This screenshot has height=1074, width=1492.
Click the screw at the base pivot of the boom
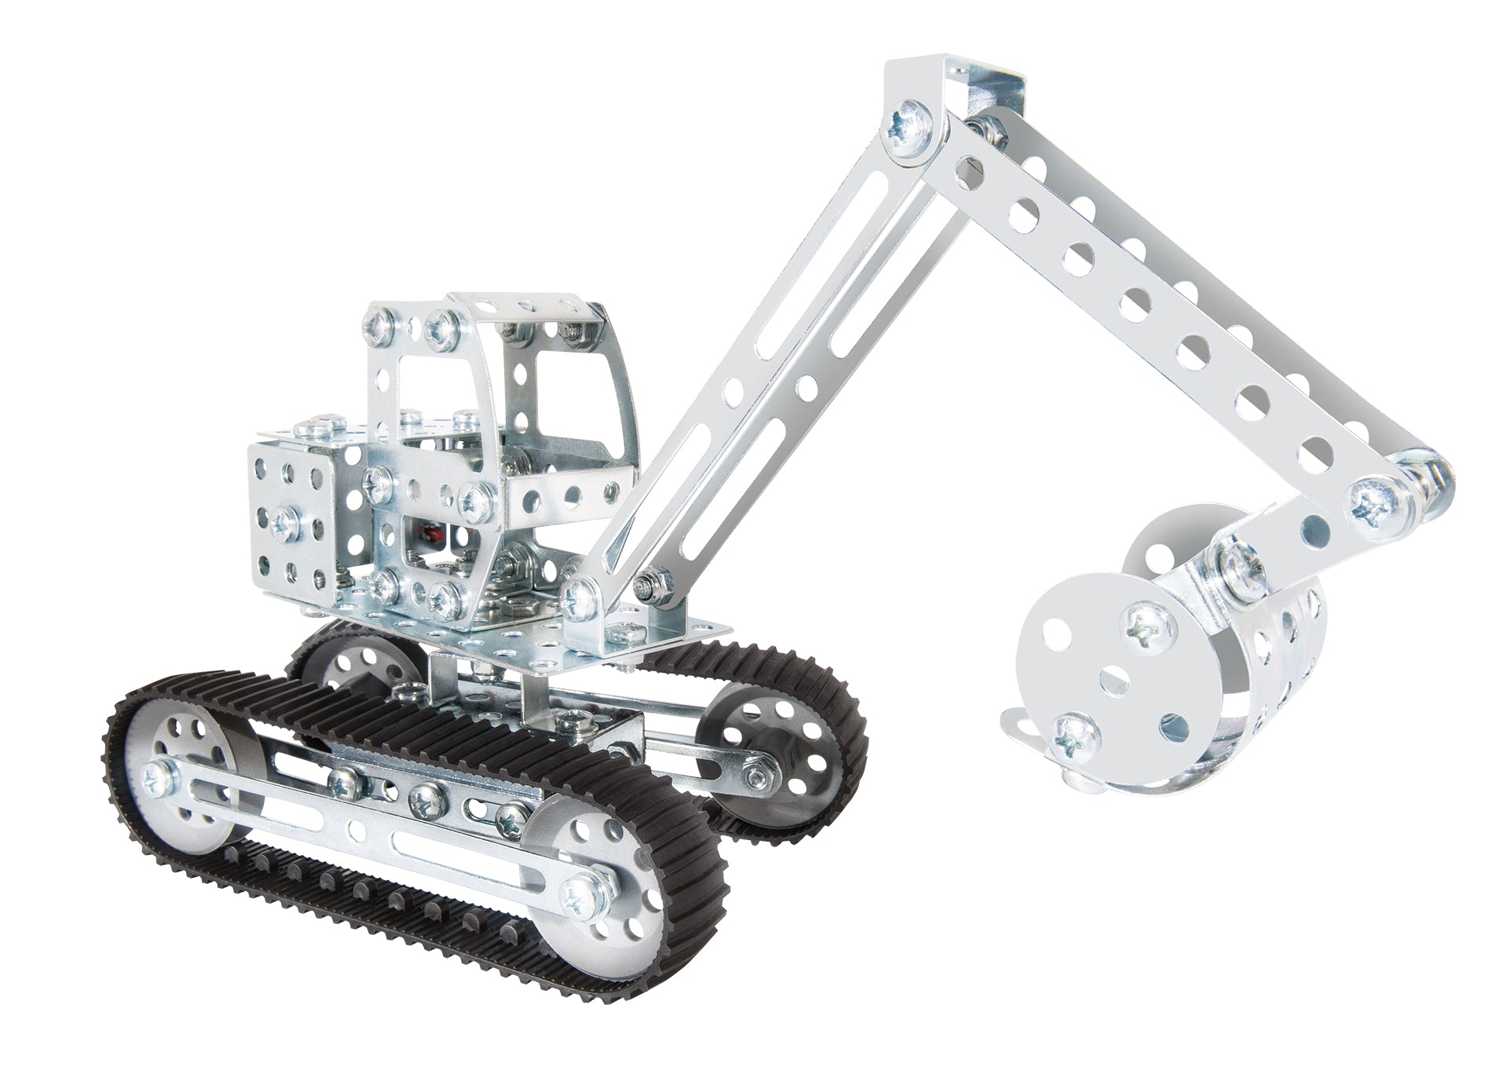point(582,597)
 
